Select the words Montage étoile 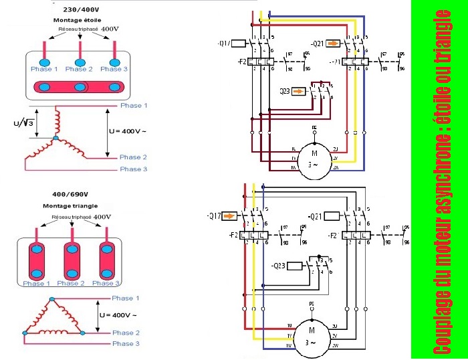pos(76,20)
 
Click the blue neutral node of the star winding pos(55,139)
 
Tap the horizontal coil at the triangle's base pos(53,332)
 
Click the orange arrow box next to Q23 pos(299,91)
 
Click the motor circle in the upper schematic pos(314,161)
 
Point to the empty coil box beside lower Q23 pos(297,266)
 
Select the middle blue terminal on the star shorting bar pos(80,87)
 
